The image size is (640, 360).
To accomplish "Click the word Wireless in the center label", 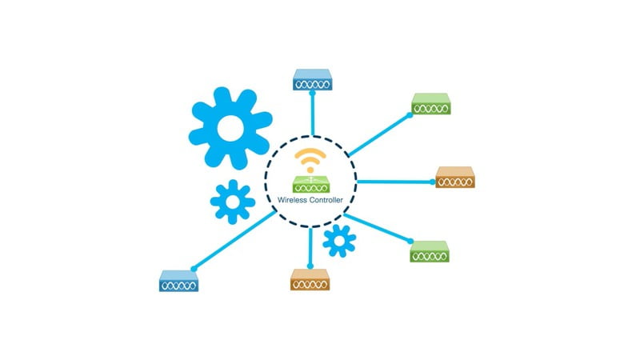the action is coord(292,200).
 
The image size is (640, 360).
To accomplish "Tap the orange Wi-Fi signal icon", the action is coord(310,161).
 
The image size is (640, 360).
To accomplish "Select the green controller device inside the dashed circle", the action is coord(311,184).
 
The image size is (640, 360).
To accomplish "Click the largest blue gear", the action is coord(230,128).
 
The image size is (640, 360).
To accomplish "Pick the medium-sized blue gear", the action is coord(233,202).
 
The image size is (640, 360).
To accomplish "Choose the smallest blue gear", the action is coord(339,241).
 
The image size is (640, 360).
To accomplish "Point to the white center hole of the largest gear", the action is coord(230,128).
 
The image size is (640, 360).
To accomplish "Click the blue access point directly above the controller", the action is coord(312,79).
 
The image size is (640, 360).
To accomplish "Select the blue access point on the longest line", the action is coord(178,281).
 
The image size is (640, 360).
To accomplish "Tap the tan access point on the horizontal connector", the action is coord(455,177).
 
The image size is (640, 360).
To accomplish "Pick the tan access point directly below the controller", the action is coord(310,279).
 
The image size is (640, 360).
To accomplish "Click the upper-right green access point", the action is coord(431,104).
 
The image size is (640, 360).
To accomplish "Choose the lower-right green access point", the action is coord(430,251).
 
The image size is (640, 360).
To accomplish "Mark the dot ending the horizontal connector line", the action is coord(433,182).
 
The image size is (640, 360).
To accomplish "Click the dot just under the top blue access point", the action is coord(312,93).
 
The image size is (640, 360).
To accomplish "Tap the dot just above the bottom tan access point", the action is coord(310,266).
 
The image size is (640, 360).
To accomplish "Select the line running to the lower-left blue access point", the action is coord(234,241).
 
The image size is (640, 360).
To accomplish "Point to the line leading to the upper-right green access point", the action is coord(379,135).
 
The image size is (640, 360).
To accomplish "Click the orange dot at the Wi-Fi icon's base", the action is coord(310,170).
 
